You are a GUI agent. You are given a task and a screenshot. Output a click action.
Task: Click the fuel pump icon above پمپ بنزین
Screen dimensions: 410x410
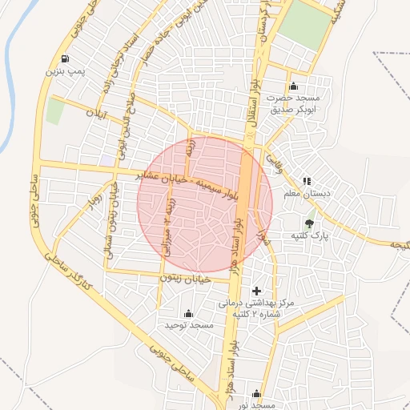64,59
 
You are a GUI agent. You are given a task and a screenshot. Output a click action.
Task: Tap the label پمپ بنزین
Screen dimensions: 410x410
64,72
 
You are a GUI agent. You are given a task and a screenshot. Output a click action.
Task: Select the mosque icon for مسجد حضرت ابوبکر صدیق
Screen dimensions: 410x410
293,86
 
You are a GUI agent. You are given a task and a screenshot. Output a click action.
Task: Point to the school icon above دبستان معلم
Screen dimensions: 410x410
307,181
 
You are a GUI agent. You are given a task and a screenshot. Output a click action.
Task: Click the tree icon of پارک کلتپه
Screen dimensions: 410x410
309,223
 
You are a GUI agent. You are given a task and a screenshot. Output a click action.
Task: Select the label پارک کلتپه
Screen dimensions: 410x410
309,236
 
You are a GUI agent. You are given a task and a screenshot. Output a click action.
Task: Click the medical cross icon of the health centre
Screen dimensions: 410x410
256,290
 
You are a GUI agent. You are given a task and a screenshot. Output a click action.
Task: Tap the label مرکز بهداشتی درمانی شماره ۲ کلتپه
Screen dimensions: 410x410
256,308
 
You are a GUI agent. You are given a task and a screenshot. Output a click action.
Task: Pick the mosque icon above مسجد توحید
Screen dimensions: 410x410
189,312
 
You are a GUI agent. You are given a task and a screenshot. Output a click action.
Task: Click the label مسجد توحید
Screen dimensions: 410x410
189,325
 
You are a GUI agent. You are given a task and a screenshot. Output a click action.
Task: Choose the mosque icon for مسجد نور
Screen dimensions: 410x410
256,394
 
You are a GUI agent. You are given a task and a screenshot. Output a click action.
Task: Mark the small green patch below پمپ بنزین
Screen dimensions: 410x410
54,111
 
